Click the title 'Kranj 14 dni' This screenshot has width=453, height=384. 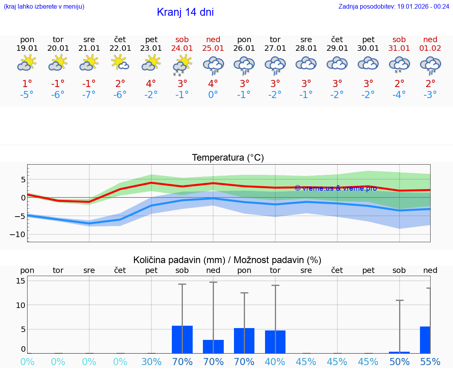point(185,12)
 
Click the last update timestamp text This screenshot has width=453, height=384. point(394,6)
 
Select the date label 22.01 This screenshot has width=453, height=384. point(120,48)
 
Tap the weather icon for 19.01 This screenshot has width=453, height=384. point(27,63)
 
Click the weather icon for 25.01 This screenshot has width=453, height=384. point(213,64)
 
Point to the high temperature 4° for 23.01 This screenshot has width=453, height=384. point(151,84)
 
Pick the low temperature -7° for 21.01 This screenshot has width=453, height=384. point(89,95)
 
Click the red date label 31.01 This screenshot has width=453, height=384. point(399,48)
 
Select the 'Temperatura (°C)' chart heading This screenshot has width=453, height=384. point(228,158)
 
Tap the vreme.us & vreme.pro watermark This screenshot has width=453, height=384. point(335,188)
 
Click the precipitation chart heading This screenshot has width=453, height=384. point(227,260)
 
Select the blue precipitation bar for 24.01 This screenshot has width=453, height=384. point(182,339)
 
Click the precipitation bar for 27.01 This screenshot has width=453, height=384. point(275,342)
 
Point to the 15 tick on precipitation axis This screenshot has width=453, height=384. point(20,281)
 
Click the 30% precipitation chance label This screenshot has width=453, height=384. point(151,362)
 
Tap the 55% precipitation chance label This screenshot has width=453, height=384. point(430,362)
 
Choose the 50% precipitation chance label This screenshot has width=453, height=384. point(400,362)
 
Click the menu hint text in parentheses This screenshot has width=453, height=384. point(44,6)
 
